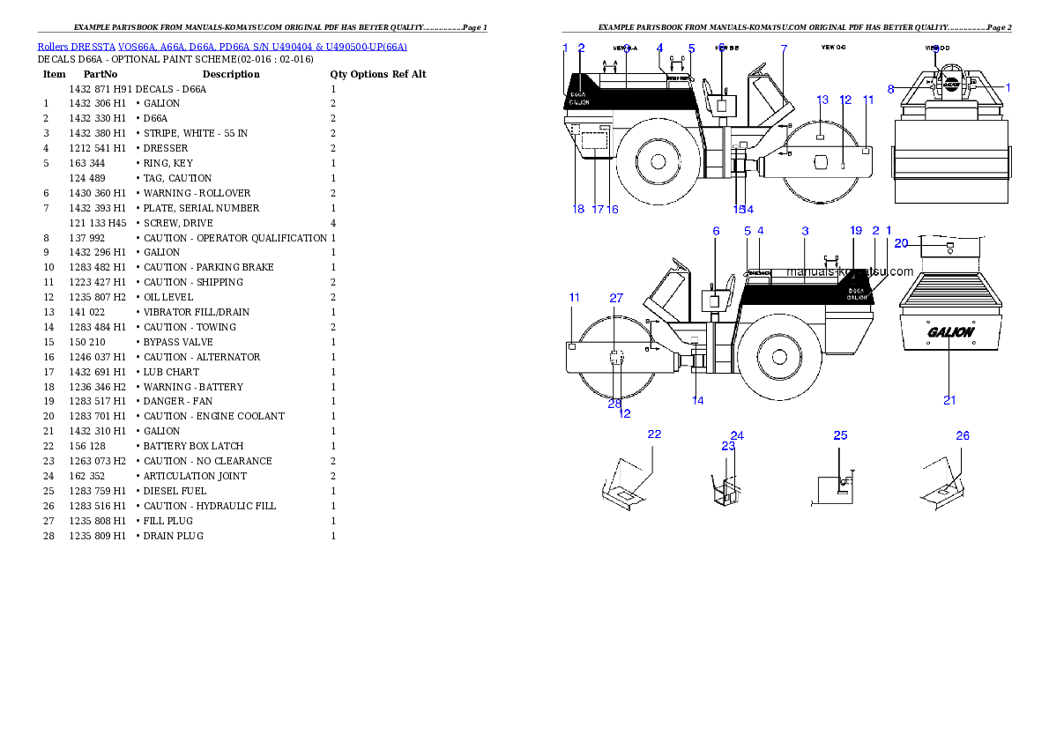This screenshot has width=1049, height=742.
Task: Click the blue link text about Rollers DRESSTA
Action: tap(222, 47)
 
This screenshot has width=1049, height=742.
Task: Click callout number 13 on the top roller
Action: tap(822, 100)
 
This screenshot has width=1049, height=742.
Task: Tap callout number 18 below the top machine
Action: tap(578, 210)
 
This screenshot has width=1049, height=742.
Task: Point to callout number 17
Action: tap(597, 210)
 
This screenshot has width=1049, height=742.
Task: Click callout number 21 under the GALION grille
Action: tap(949, 400)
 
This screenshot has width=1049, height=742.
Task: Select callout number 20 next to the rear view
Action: tap(901, 243)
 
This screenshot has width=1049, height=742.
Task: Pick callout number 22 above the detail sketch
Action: tap(654, 434)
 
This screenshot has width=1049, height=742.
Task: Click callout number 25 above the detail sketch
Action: tap(840, 435)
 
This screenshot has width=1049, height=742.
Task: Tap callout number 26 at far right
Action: tap(963, 435)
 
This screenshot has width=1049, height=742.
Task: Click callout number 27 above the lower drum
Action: tap(616, 299)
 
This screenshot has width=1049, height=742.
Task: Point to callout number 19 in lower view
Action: tap(855, 230)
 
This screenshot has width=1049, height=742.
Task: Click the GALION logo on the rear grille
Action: tap(950, 332)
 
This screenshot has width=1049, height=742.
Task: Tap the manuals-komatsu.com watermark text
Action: tap(850, 271)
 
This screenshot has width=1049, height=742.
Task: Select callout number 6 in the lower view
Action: tap(716, 231)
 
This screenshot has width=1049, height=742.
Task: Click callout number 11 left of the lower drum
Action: tap(574, 298)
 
